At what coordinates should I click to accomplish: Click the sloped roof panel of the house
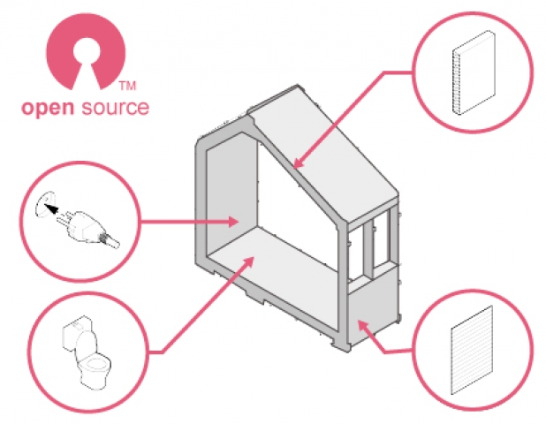(x=327, y=159)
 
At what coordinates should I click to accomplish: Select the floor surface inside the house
(x=274, y=265)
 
